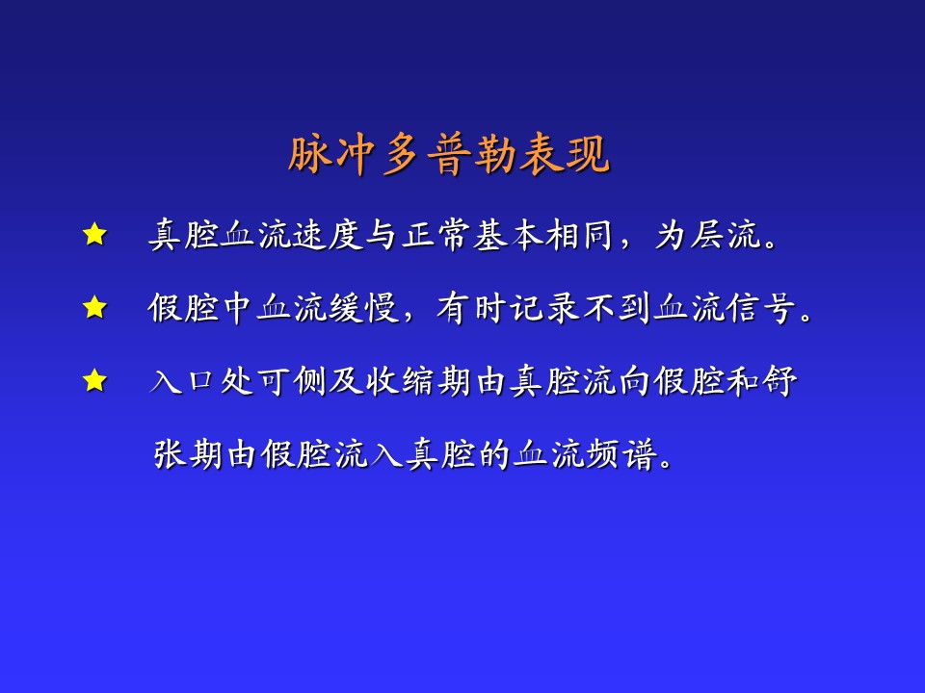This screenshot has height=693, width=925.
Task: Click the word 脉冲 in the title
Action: [331, 155]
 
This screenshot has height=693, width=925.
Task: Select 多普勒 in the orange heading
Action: [449, 155]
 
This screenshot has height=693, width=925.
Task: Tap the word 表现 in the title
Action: [565, 155]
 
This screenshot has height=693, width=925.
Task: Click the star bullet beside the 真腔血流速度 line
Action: [95, 235]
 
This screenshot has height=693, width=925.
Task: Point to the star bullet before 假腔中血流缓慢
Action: [95, 308]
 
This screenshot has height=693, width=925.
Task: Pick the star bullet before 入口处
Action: [95, 381]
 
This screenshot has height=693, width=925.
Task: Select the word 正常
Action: [436, 235]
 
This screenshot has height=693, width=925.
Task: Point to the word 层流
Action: [725, 235]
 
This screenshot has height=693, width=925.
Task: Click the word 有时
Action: [472, 308]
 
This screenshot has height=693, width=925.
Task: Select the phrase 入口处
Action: [202, 381]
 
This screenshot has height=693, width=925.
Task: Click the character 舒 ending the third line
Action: [780, 381]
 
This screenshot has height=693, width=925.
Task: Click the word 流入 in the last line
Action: [370, 454]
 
